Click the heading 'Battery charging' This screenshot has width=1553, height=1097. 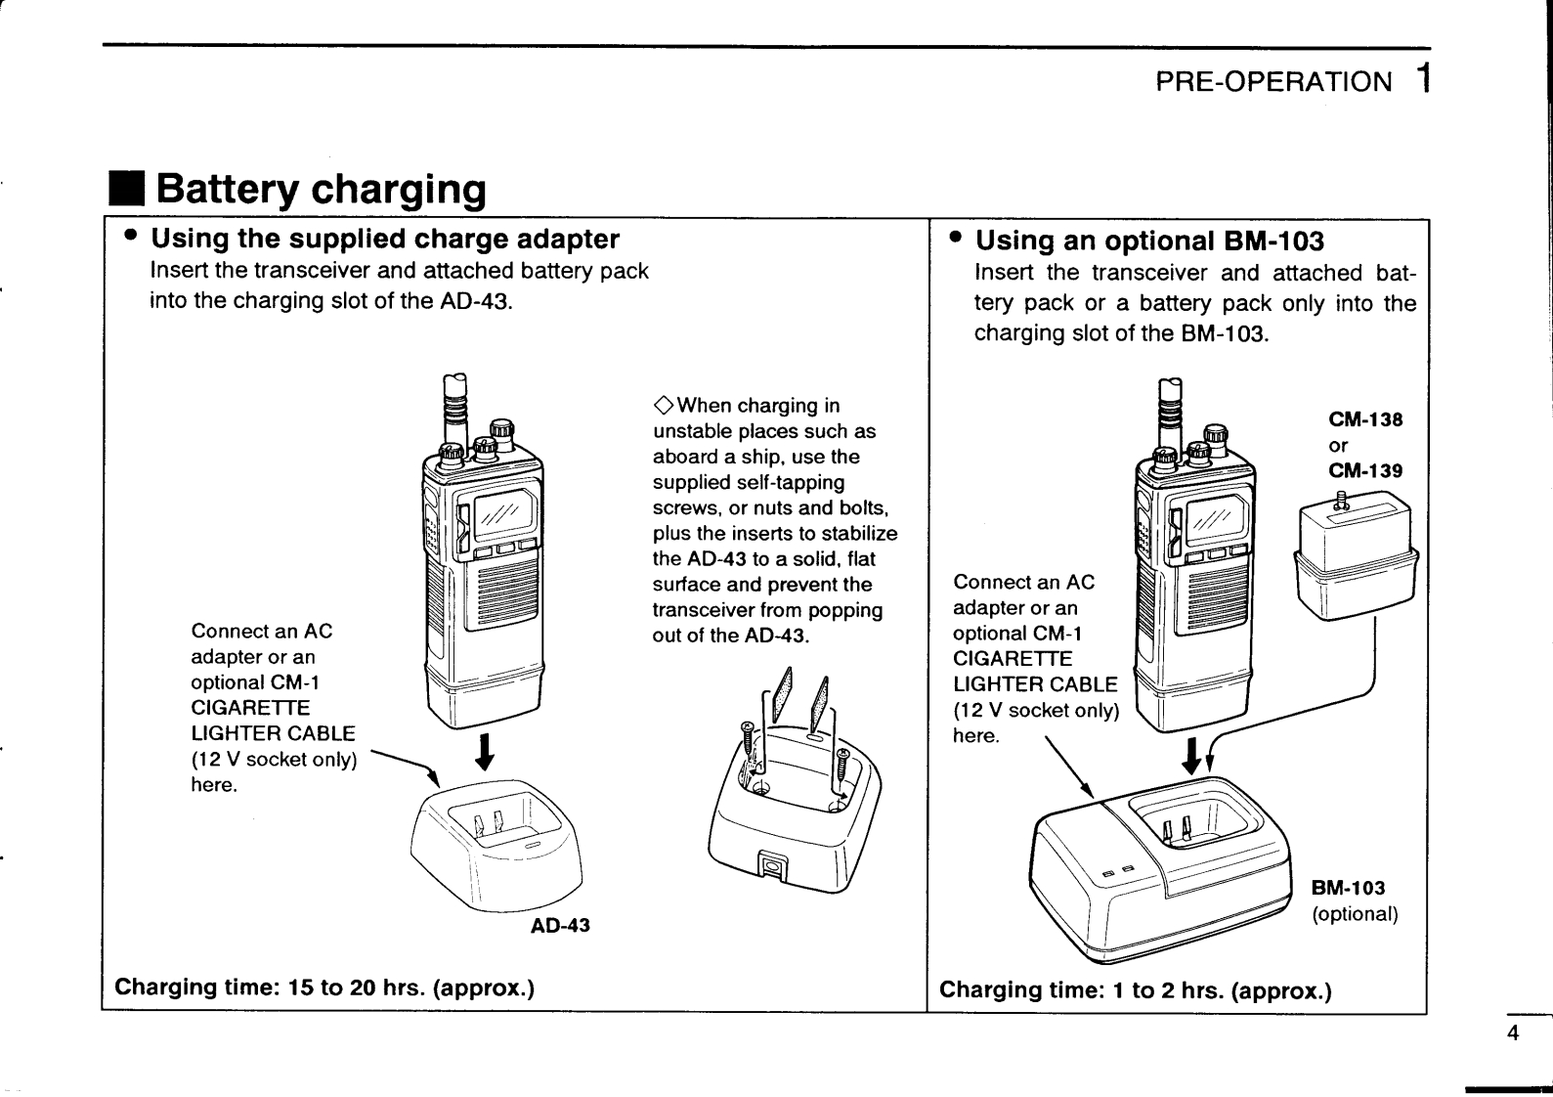click(321, 189)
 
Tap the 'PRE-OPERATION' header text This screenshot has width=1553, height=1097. click(1273, 82)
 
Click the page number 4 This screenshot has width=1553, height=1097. click(1513, 1033)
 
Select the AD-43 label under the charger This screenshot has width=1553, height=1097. click(560, 925)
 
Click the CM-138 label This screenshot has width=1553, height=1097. click(1365, 419)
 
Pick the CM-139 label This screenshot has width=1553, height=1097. click(1365, 470)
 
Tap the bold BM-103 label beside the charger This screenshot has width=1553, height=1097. click(1348, 888)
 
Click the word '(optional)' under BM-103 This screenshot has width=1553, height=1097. click(1355, 914)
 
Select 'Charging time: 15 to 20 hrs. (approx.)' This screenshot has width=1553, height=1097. click(324, 987)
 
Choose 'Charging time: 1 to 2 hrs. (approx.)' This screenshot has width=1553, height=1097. click(1136, 990)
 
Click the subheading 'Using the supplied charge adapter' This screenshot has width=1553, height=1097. click(385, 239)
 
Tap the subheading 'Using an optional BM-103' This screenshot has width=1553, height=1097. click(1150, 241)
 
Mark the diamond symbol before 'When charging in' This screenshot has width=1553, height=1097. click(663, 406)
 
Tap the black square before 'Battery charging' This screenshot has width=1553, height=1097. click(126, 189)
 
